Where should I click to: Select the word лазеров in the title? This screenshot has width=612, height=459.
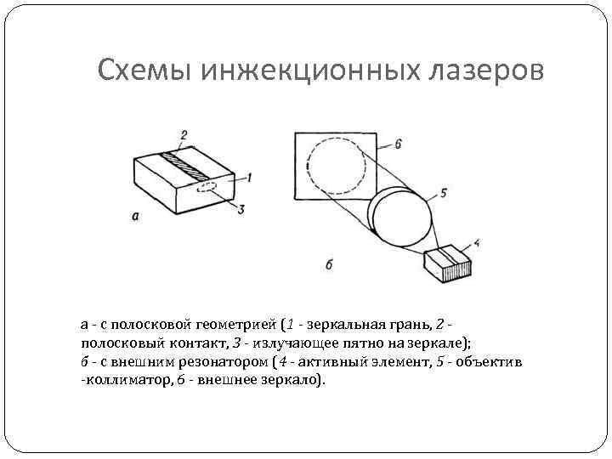(x=484, y=70)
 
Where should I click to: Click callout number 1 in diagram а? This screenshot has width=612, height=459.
(x=249, y=178)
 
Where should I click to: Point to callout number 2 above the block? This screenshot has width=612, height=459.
(x=184, y=134)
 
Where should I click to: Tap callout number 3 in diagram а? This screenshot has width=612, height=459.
(x=241, y=209)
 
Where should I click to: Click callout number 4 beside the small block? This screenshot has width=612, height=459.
(x=476, y=243)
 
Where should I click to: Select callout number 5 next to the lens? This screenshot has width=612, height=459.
(x=443, y=193)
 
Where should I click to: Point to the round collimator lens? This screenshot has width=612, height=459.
(x=400, y=216)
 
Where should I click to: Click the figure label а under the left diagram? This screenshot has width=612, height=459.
(x=135, y=216)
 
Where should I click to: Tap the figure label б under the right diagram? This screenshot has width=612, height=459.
(x=329, y=263)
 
